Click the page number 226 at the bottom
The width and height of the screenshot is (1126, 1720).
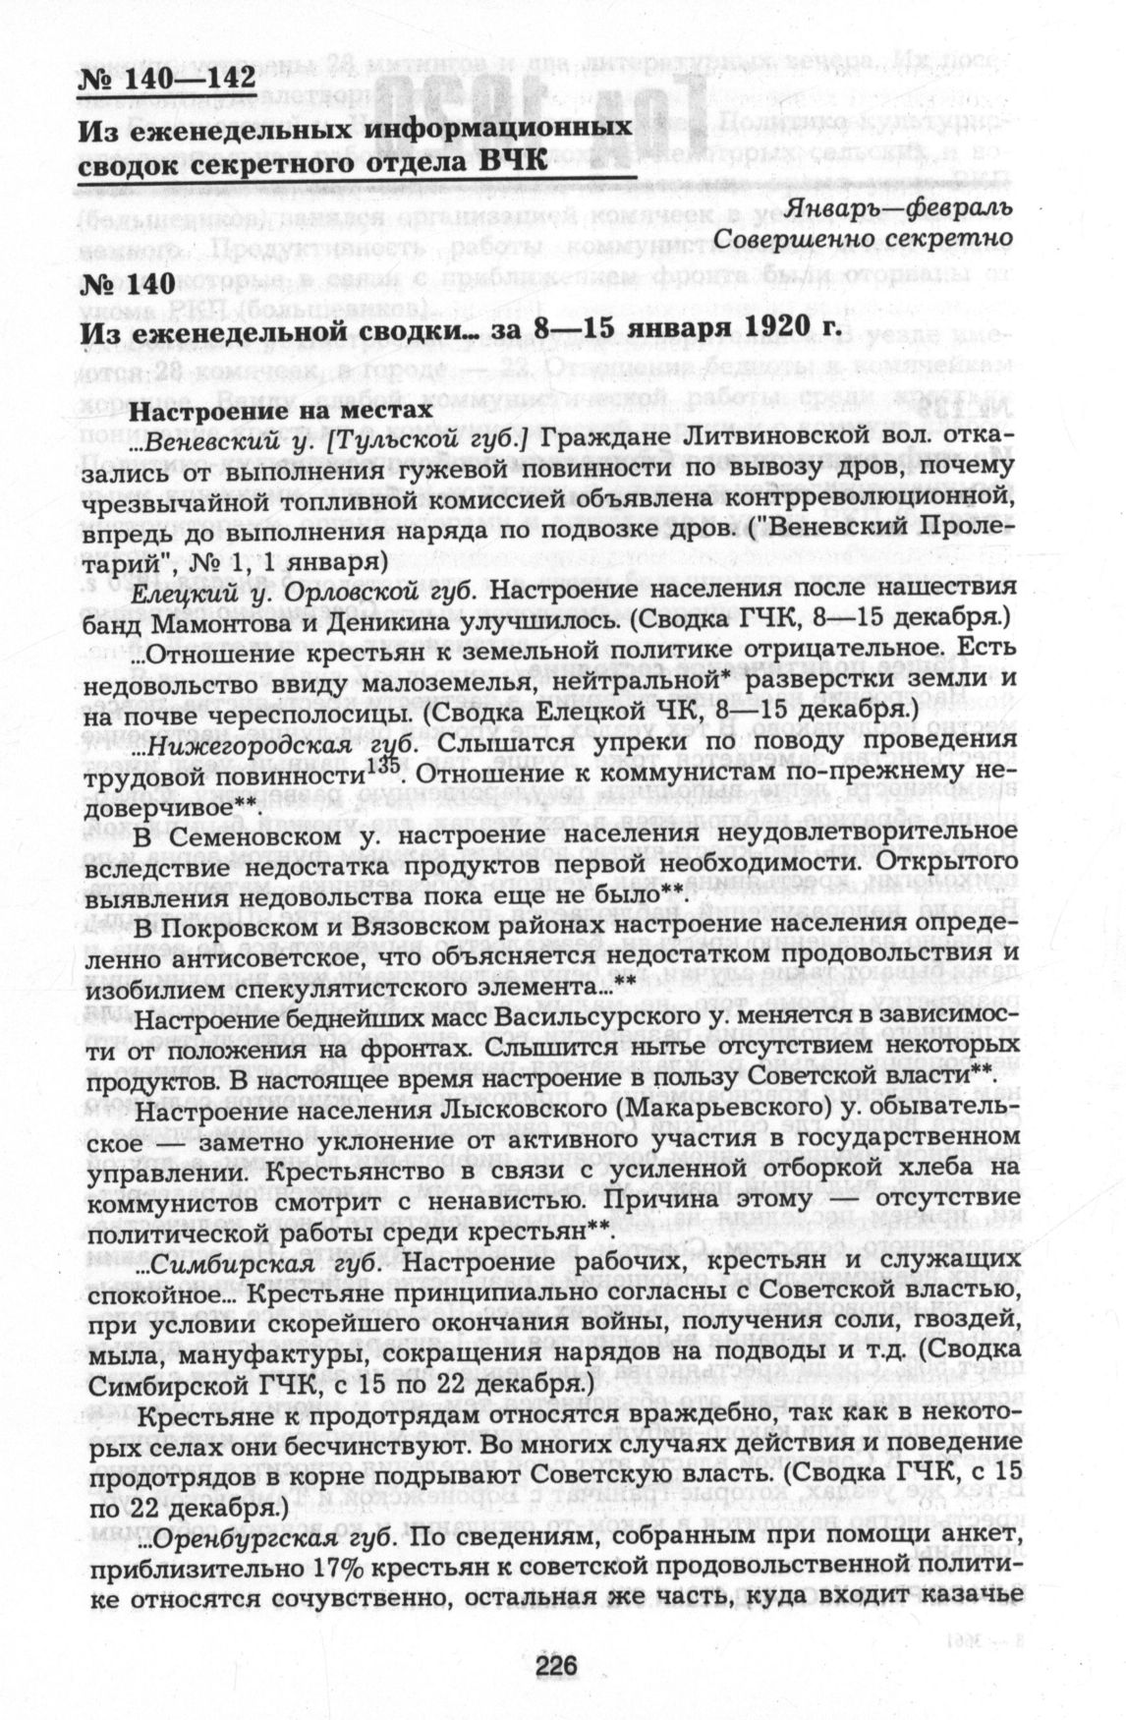[554, 1664]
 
